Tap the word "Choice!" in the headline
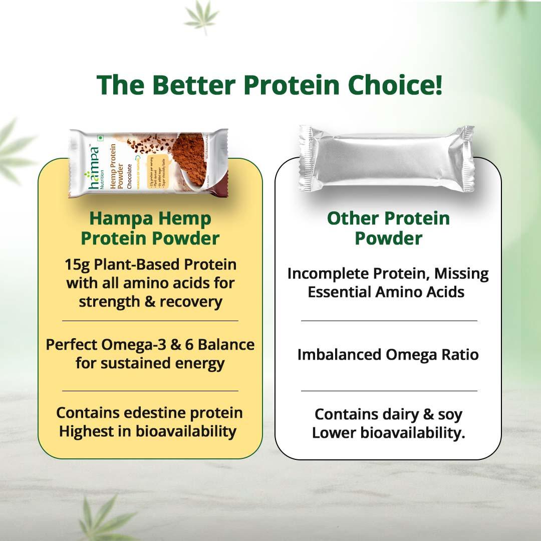click(396, 85)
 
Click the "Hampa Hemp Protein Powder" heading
click(150, 228)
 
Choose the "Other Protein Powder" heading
click(388, 228)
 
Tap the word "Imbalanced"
click(339, 355)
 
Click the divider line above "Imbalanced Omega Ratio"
click(389, 321)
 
